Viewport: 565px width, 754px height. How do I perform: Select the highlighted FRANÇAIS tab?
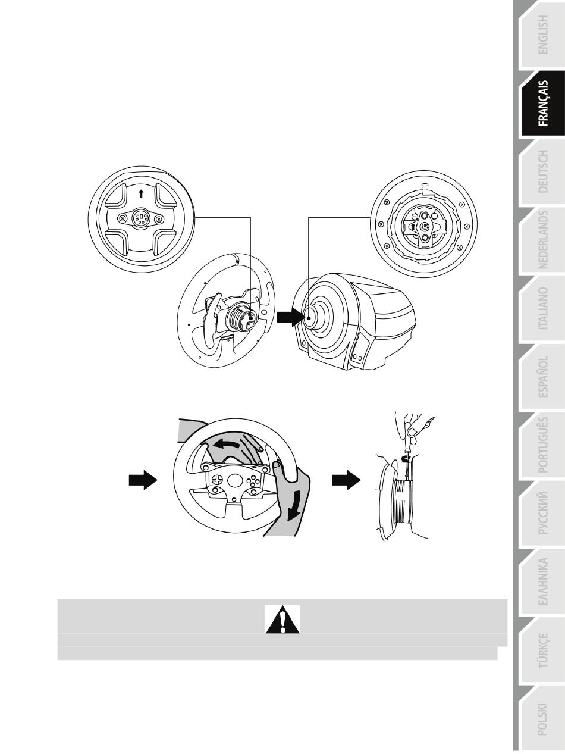click(x=543, y=104)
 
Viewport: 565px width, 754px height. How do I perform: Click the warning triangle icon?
click(x=282, y=619)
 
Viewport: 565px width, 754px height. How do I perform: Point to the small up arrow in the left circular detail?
click(x=141, y=194)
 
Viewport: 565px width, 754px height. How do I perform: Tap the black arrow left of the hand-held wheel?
click(x=143, y=480)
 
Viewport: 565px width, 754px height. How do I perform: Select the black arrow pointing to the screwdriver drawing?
click(x=346, y=480)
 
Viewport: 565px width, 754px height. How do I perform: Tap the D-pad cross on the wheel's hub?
click(x=217, y=479)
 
